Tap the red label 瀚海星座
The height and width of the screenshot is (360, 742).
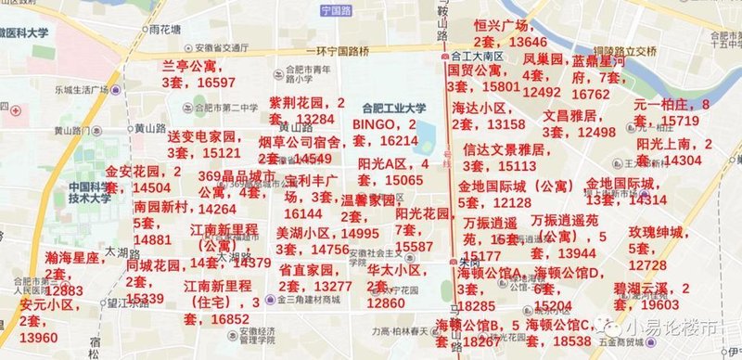coord(72,257)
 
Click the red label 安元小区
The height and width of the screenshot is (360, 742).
coord(45,304)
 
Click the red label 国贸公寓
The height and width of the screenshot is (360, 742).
coord(475,70)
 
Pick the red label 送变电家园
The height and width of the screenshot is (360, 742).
coord(202,136)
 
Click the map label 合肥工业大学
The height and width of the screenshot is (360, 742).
coord(394,107)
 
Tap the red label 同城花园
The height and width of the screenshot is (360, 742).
coord(153,265)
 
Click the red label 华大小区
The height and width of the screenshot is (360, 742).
coord(394,270)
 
